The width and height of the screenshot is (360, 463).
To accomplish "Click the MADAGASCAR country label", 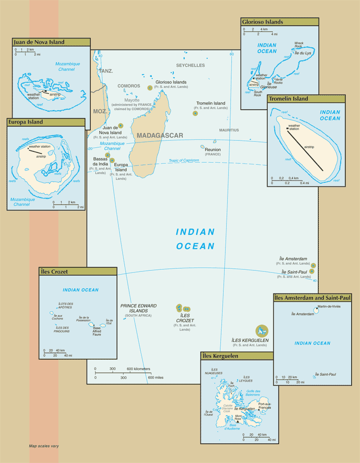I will pyautogui.click(x=160, y=136).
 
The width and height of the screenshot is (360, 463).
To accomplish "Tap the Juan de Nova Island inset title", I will pyautogui.click(x=39, y=42).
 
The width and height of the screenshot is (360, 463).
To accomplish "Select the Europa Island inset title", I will pyautogui.click(x=26, y=122).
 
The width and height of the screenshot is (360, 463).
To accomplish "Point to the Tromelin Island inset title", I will pyautogui.click(x=288, y=99).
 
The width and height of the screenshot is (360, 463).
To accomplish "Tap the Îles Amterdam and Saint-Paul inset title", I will pyautogui.click(x=313, y=298).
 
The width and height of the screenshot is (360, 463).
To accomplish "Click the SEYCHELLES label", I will pyautogui.click(x=190, y=66).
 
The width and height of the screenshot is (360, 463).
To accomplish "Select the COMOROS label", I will pyautogui.click(x=128, y=86).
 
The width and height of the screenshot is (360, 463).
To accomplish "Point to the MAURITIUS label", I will pyautogui.click(x=229, y=130).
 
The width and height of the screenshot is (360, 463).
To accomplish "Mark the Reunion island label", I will pyautogui.click(x=213, y=149).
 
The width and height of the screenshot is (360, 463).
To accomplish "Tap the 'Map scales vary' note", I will pyautogui.click(x=44, y=446).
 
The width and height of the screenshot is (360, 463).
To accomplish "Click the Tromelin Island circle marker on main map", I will pyautogui.click(x=195, y=113).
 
